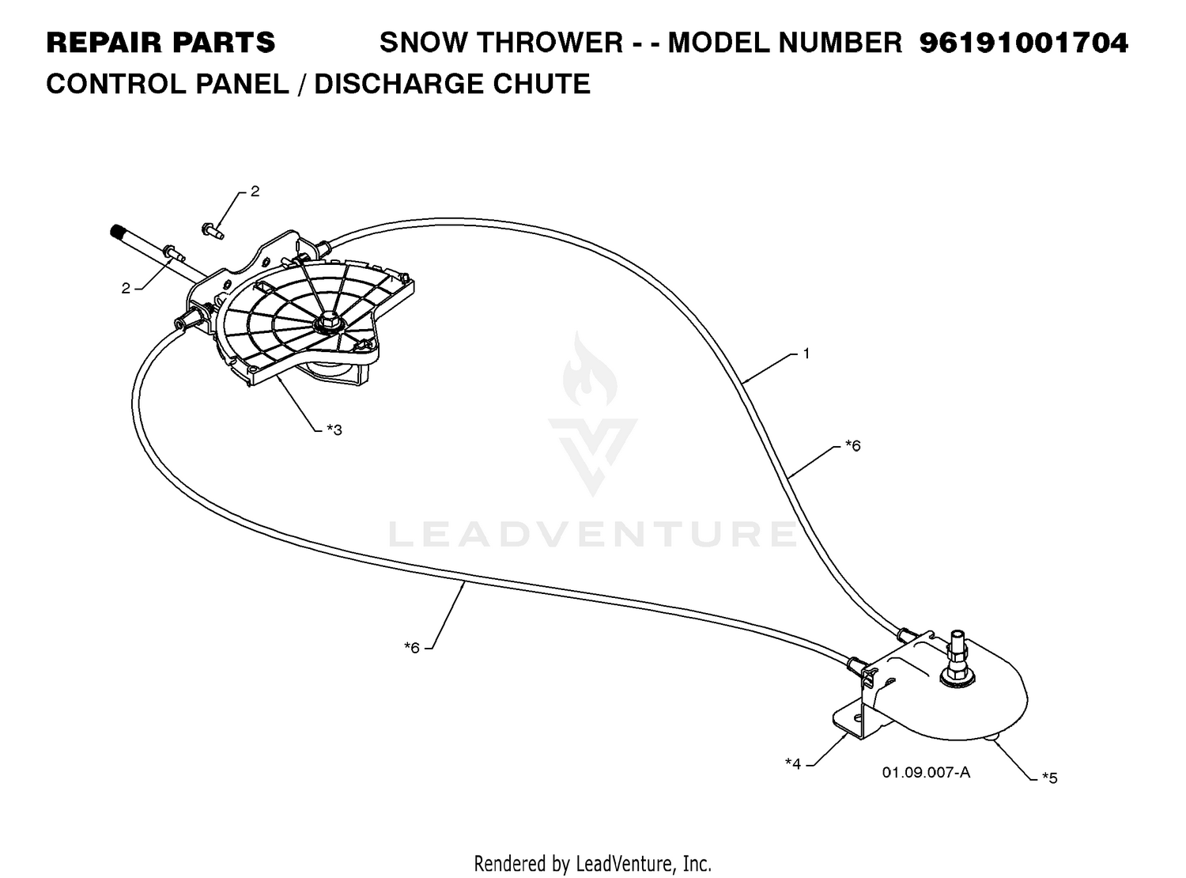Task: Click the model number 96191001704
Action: (1023, 43)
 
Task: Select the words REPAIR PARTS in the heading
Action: (161, 43)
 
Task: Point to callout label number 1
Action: (806, 353)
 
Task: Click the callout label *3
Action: (334, 429)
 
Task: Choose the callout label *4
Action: (793, 763)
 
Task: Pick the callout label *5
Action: (1050, 778)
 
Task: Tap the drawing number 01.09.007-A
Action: (926, 772)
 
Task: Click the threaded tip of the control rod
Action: (116, 233)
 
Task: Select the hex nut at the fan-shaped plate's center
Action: (325, 324)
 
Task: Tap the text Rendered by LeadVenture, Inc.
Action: (592, 863)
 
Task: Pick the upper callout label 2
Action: (255, 191)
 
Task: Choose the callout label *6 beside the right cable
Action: (853, 445)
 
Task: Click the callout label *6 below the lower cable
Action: (412, 647)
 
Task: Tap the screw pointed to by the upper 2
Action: (212, 231)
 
